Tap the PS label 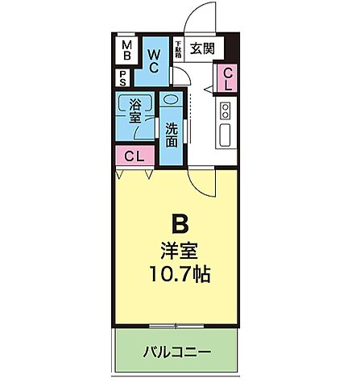click(122, 78)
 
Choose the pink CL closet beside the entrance click(227, 78)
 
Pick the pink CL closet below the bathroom click(134, 156)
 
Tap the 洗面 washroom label click(172, 134)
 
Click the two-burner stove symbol click(226, 110)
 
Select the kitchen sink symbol click(226, 132)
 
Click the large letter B click(179, 223)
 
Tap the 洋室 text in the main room click(179, 249)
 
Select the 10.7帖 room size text click(179, 274)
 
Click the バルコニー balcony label click(177, 352)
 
